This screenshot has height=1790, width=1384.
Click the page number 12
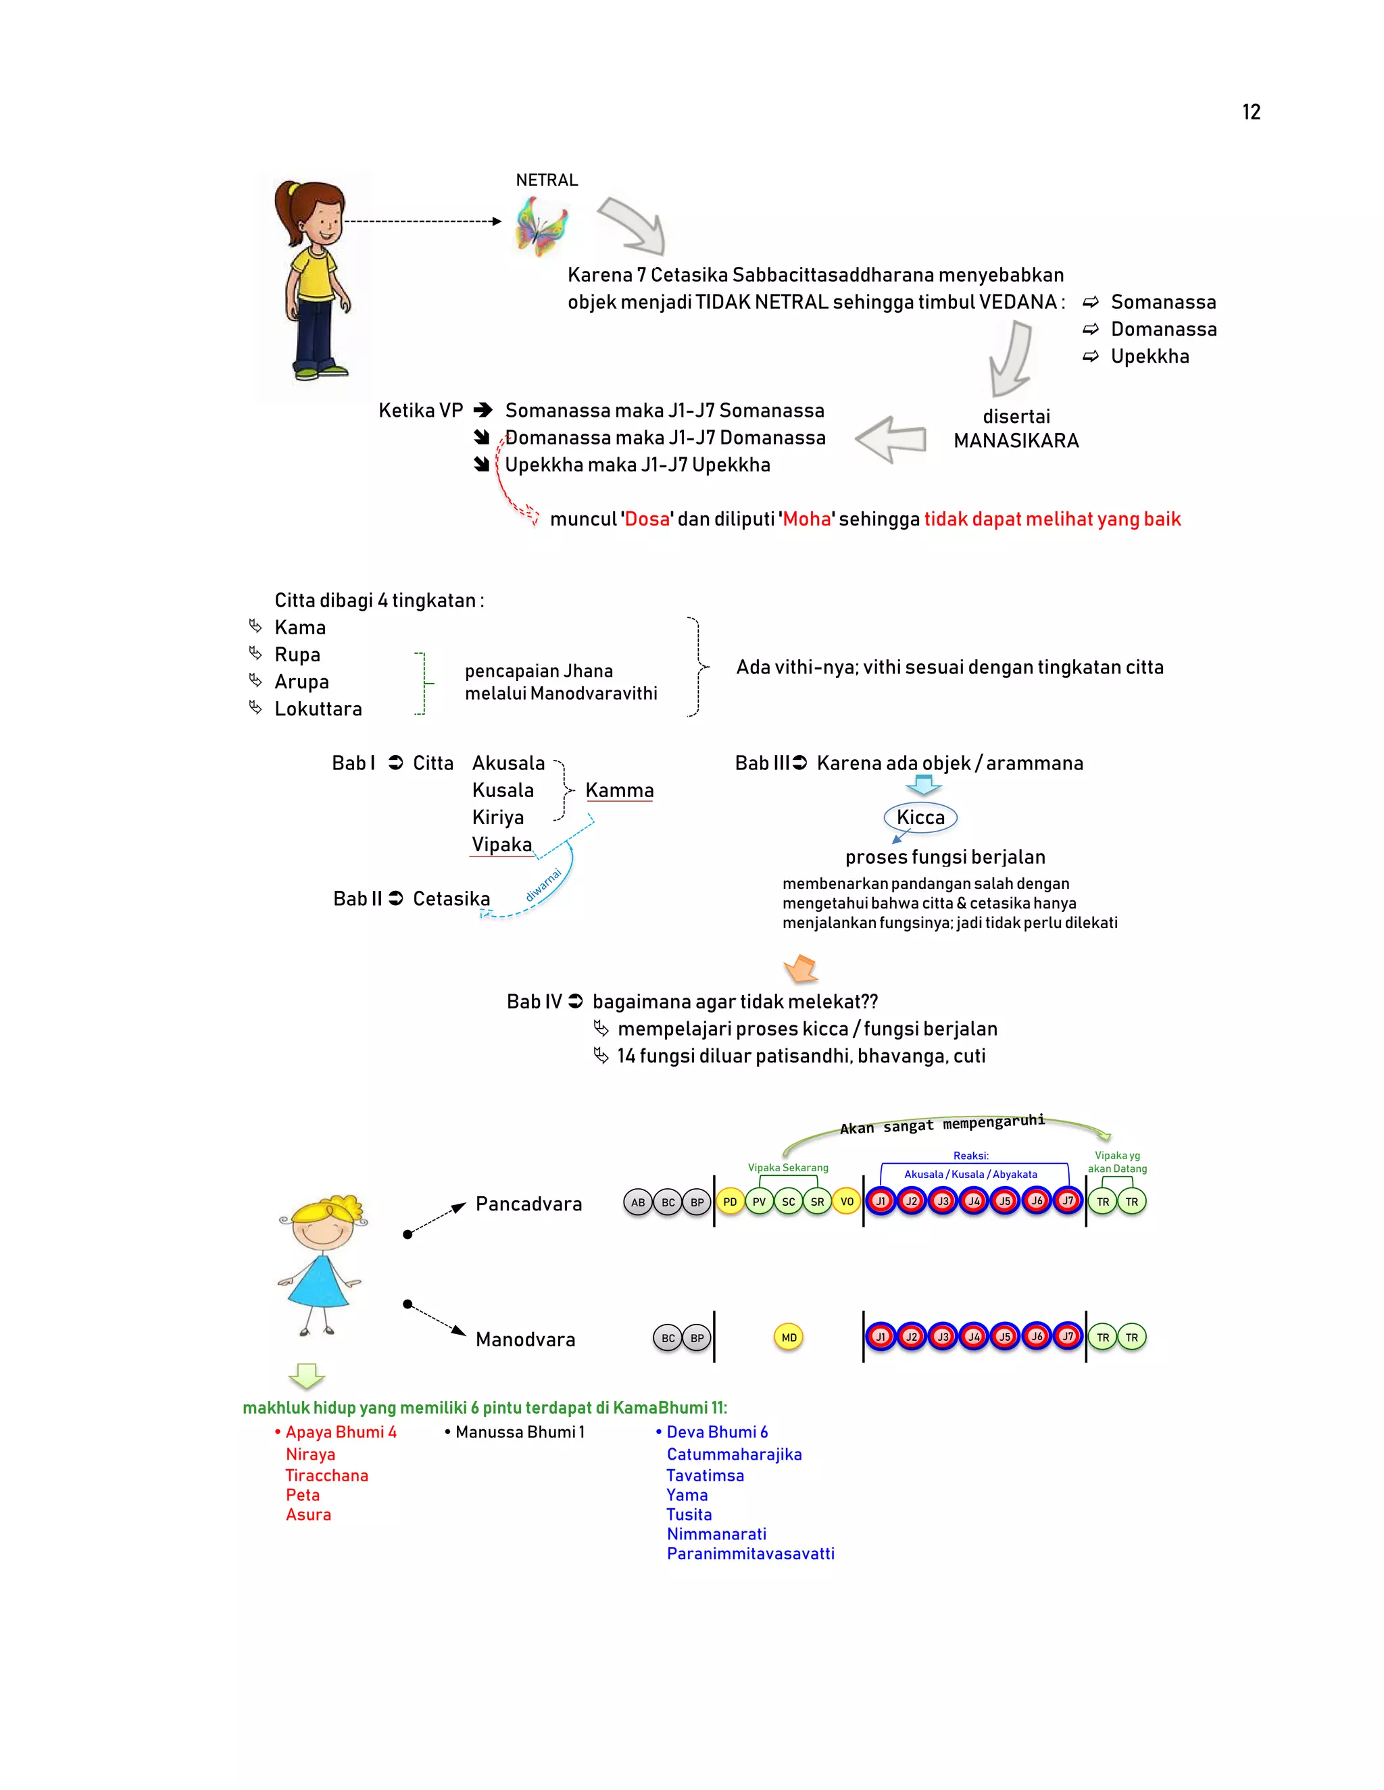coord(1250,112)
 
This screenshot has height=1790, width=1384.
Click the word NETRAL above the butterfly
coord(546,180)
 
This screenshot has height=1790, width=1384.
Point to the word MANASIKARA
coord(1016,441)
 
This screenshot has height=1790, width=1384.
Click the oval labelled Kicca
coord(920,817)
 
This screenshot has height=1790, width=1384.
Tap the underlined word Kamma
coord(619,790)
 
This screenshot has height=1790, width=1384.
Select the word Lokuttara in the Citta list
coord(318,709)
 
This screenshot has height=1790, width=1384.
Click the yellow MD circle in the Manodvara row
coord(789,1337)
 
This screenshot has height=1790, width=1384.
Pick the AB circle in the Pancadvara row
coord(638,1202)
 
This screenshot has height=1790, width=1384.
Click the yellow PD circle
coord(730,1202)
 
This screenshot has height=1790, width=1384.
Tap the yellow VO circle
coord(847,1202)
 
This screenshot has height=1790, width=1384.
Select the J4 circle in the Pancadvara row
coord(974,1202)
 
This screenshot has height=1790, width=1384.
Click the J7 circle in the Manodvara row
coord(1068,1337)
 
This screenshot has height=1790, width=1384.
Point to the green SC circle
coord(788,1202)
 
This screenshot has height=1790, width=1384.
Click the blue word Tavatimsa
coord(705,1475)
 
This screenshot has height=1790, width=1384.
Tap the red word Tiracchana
coord(326,1475)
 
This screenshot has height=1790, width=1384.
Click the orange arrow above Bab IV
coord(801,969)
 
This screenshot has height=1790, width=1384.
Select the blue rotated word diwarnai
coord(543,885)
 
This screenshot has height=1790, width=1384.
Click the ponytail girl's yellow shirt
coord(312,274)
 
